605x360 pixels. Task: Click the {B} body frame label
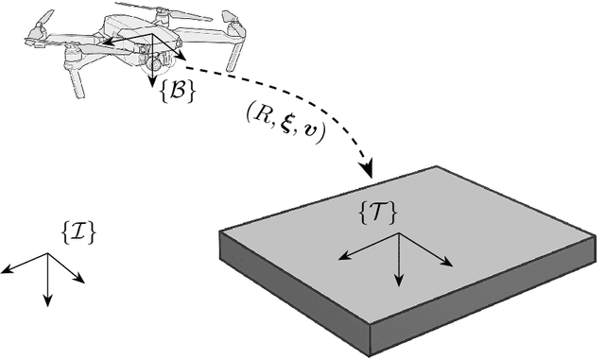point(177,91)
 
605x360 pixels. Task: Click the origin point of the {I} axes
point(47,254)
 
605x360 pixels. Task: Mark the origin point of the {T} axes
point(399,234)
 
